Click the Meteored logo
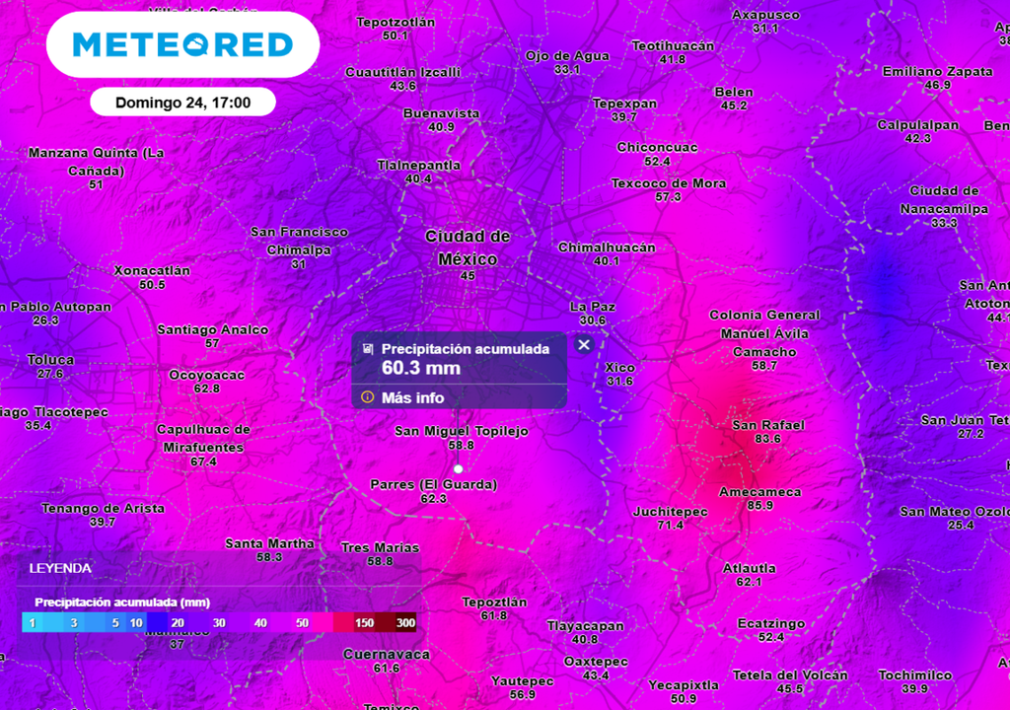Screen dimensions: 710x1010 pyautogui.click(x=182, y=44)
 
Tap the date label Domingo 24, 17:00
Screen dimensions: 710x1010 pyautogui.click(x=182, y=103)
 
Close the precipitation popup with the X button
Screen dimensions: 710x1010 pyautogui.click(x=584, y=345)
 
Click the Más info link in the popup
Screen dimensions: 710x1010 pyautogui.click(x=412, y=397)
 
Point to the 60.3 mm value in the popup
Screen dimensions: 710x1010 pyautogui.click(x=421, y=369)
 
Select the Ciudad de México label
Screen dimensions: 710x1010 pyautogui.click(x=468, y=248)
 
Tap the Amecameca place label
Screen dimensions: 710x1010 pyautogui.click(x=759, y=491)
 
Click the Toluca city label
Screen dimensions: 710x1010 pyautogui.click(x=50, y=360)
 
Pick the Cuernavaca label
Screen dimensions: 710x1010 pyautogui.click(x=386, y=654)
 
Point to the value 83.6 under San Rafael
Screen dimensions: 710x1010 pyautogui.click(x=767, y=439)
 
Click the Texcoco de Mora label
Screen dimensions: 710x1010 pyautogui.click(x=668, y=183)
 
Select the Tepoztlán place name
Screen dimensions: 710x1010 pyautogui.click(x=494, y=602)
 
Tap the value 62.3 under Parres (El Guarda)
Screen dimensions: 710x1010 pyautogui.click(x=433, y=499)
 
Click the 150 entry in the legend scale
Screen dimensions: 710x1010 pyautogui.click(x=363, y=623)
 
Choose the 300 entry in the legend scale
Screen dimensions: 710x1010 pyautogui.click(x=404, y=623)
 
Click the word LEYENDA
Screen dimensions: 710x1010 pyautogui.click(x=60, y=568)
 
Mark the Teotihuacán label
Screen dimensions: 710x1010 pyautogui.click(x=672, y=46)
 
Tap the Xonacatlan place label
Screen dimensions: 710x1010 pyautogui.click(x=152, y=270)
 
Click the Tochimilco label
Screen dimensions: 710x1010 pyautogui.click(x=915, y=675)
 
